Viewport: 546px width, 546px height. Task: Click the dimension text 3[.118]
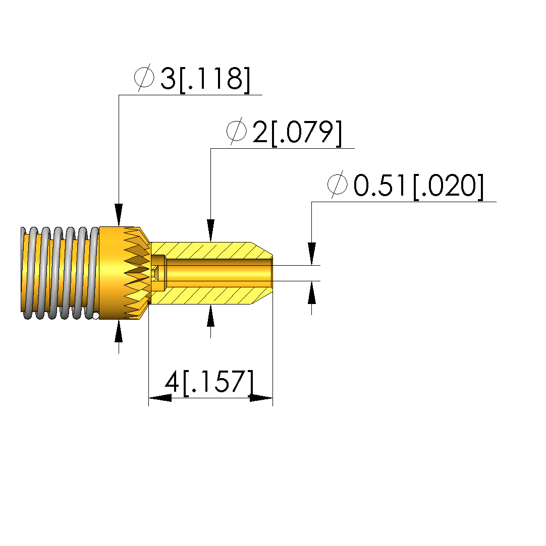point(205,80)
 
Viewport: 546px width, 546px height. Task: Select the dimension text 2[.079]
point(297,133)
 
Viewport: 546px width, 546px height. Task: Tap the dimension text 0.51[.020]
point(418,187)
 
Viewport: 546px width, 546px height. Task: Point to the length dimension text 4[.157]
point(209,383)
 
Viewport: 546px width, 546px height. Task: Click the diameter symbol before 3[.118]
point(144,77)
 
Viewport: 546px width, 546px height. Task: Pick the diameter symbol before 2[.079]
point(236,131)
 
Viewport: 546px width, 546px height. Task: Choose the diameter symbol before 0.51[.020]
point(337,185)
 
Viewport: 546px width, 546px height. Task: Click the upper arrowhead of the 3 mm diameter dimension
point(119,215)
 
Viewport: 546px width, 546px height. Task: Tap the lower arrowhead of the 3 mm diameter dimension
point(119,331)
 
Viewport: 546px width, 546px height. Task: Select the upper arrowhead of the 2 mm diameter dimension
point(210,230)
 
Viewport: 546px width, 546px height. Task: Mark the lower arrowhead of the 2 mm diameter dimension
point(210,316)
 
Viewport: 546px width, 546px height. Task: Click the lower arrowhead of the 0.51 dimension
point(312,292)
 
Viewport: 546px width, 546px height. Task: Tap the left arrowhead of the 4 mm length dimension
point(160,398)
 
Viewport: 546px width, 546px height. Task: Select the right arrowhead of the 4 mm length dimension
point(261,398)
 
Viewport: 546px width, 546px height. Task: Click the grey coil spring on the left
point(60,273)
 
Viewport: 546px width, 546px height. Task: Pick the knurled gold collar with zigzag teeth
point(125,273)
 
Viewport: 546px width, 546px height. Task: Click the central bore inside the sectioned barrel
point(219,273)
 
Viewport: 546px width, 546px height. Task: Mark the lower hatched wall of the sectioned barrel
point(211,295)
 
